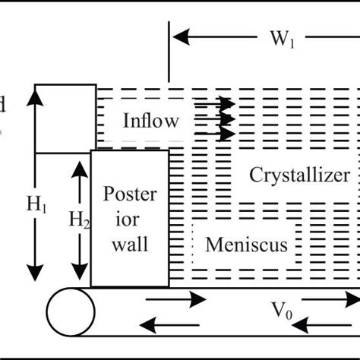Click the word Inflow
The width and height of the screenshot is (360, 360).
click(x=151, y=120)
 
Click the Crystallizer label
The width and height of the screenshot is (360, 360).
click(x=300, y=175)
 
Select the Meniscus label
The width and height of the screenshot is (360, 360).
click(x=246, y=245)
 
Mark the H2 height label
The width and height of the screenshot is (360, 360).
click(x=79, y=220)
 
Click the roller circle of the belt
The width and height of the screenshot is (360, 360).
click(x=70, y=311)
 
